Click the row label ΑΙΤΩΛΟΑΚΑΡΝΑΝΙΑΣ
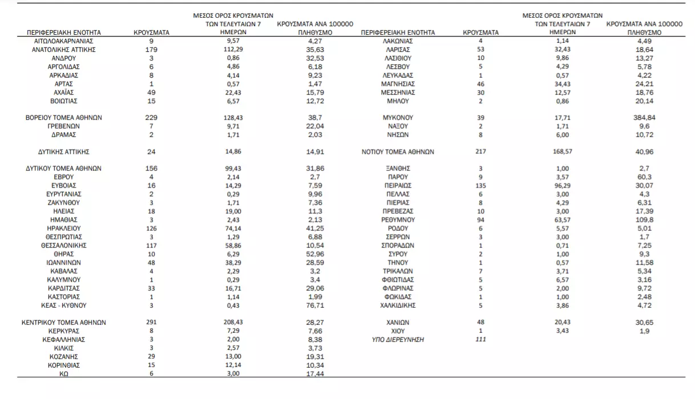pyautogui.click(x=64, y=41)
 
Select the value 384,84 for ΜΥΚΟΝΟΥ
pyautogui.click(x=644, y=118)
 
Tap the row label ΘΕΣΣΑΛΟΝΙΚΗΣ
pyautogui.click(x=64, y=245)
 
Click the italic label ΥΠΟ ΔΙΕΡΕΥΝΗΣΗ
pyautogui.click(x=398, y=340)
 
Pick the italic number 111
pyautogui.click(x=480, y=340)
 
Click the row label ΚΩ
pyautogui.click(x=64, y=374)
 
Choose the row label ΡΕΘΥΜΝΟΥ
pyautogui.click(x=398, y=219)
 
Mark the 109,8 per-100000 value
pyautogui.click(x=644, y=219)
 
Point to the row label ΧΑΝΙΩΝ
pyautogui.click(x=398, y=323)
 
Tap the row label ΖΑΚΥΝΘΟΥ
pyautogui.click(x=64, y=202)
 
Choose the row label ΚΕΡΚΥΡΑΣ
pyautogui.click(x=64, y=331)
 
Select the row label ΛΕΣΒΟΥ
pyautogui.click(x=398, y=67)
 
